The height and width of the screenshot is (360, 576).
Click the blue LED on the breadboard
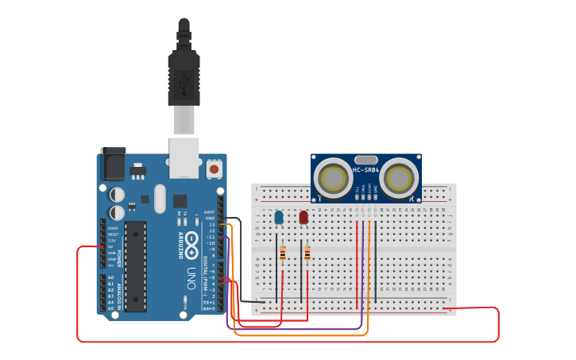(278, 217)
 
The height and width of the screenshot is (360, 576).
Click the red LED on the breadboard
(303, 217)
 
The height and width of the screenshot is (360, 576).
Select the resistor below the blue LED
(282, 254)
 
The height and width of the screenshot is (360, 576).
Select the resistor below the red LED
(307, 254)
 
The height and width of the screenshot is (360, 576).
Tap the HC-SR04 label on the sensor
(365, 169)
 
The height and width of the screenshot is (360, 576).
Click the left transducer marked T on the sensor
(333, 178)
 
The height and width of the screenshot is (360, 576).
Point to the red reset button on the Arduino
(213, 168)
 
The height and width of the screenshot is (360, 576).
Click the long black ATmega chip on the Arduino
(136, 265)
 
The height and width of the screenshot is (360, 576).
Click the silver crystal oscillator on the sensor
(365, 159)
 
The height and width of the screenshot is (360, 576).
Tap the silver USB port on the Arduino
(184, 157)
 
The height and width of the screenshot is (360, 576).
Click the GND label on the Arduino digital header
(210, 219)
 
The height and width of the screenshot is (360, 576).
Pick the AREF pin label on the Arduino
(210, 212)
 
